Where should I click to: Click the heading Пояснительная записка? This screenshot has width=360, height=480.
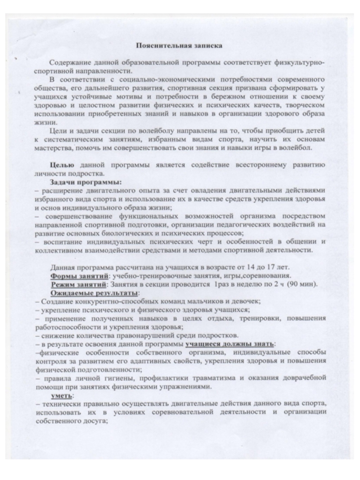pyautogui.click(x=180, y=45)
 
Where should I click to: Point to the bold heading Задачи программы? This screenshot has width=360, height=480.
pyautogui.click(x=79, y=183)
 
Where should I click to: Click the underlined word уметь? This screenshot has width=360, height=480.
pyautogui.click(x=59, y=395)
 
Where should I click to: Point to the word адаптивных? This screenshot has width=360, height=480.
pyautogui.click(x=167, y=361)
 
